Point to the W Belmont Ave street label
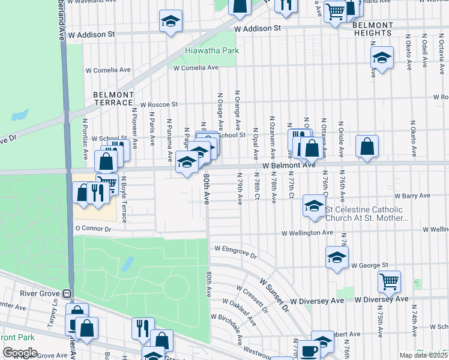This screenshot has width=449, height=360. click(x=288, y=165)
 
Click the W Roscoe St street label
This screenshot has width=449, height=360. click(x=159, y=104)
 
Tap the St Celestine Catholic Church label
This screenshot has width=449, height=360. click(x=367, y=214)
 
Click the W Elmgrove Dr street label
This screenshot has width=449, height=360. click(x=235, y=251)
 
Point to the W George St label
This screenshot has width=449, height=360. click(x=370, y=265)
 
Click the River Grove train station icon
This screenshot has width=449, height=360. click(x=67, y=294)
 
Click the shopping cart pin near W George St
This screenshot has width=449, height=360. click(x=390, y=280)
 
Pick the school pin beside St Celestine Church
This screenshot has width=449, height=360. click(x=313, y=206)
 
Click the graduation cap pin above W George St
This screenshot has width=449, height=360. click(x=337, y=257)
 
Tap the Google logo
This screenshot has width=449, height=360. click(x=20, y=353)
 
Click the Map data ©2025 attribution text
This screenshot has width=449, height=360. click(x=424, y=355)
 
